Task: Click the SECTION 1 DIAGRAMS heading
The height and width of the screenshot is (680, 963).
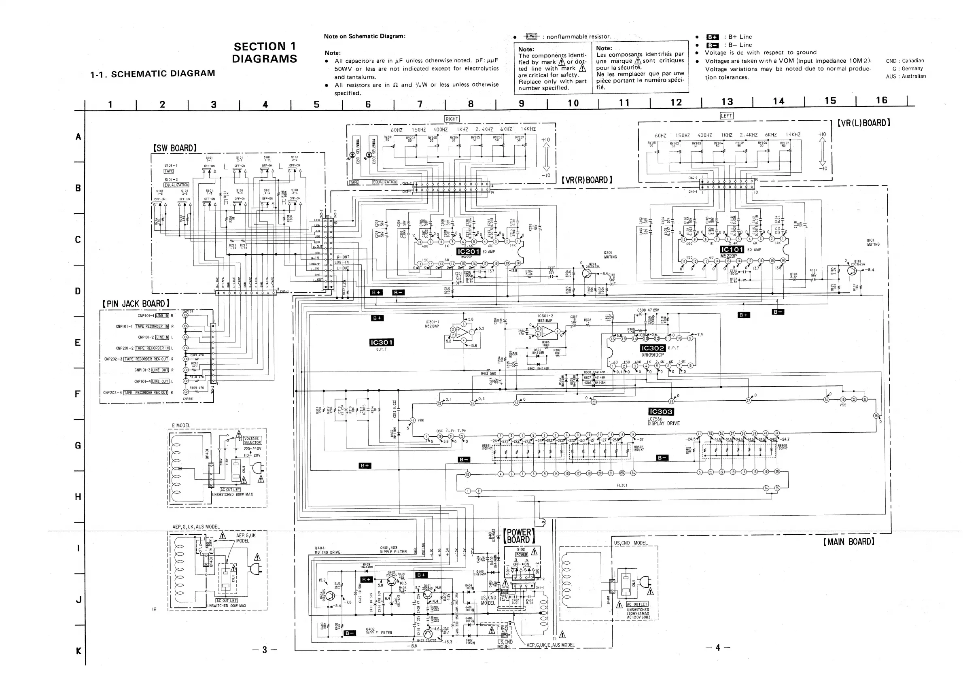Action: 265,53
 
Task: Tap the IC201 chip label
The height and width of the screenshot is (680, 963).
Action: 468,251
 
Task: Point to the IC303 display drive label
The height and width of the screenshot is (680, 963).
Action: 661,412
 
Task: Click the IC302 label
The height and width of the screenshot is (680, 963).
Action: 653,348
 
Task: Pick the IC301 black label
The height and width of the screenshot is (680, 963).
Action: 381,343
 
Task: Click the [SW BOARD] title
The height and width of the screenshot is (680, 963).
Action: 175,148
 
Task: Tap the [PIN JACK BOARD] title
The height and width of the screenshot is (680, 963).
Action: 136,304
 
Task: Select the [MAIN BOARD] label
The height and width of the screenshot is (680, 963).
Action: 848,542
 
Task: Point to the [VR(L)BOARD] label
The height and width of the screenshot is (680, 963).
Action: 863,123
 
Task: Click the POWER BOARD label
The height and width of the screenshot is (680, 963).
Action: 519,536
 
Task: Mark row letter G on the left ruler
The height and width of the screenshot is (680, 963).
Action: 78,446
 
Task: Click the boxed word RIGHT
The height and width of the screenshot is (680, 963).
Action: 452,119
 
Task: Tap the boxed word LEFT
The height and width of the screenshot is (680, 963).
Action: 726,116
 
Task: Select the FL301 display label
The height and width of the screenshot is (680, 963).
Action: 621,485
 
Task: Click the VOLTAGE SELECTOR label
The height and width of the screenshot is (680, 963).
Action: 252,440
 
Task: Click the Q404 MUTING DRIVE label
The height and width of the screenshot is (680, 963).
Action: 327,550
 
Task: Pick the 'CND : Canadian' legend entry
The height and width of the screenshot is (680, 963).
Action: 905,61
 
